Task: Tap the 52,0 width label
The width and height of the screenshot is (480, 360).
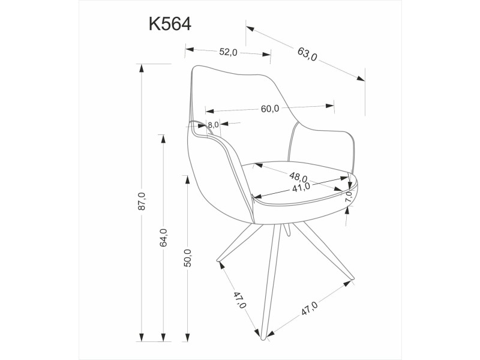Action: tap(229, 52)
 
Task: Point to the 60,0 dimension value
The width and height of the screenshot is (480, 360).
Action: tap(270, 109)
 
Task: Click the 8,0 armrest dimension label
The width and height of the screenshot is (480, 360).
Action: tap(214, 125)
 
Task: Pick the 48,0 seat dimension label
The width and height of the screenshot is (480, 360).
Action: tap(298, 178)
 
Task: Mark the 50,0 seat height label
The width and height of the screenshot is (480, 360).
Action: tap(187, 257)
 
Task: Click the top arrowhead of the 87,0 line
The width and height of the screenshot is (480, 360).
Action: tap(142, 67)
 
